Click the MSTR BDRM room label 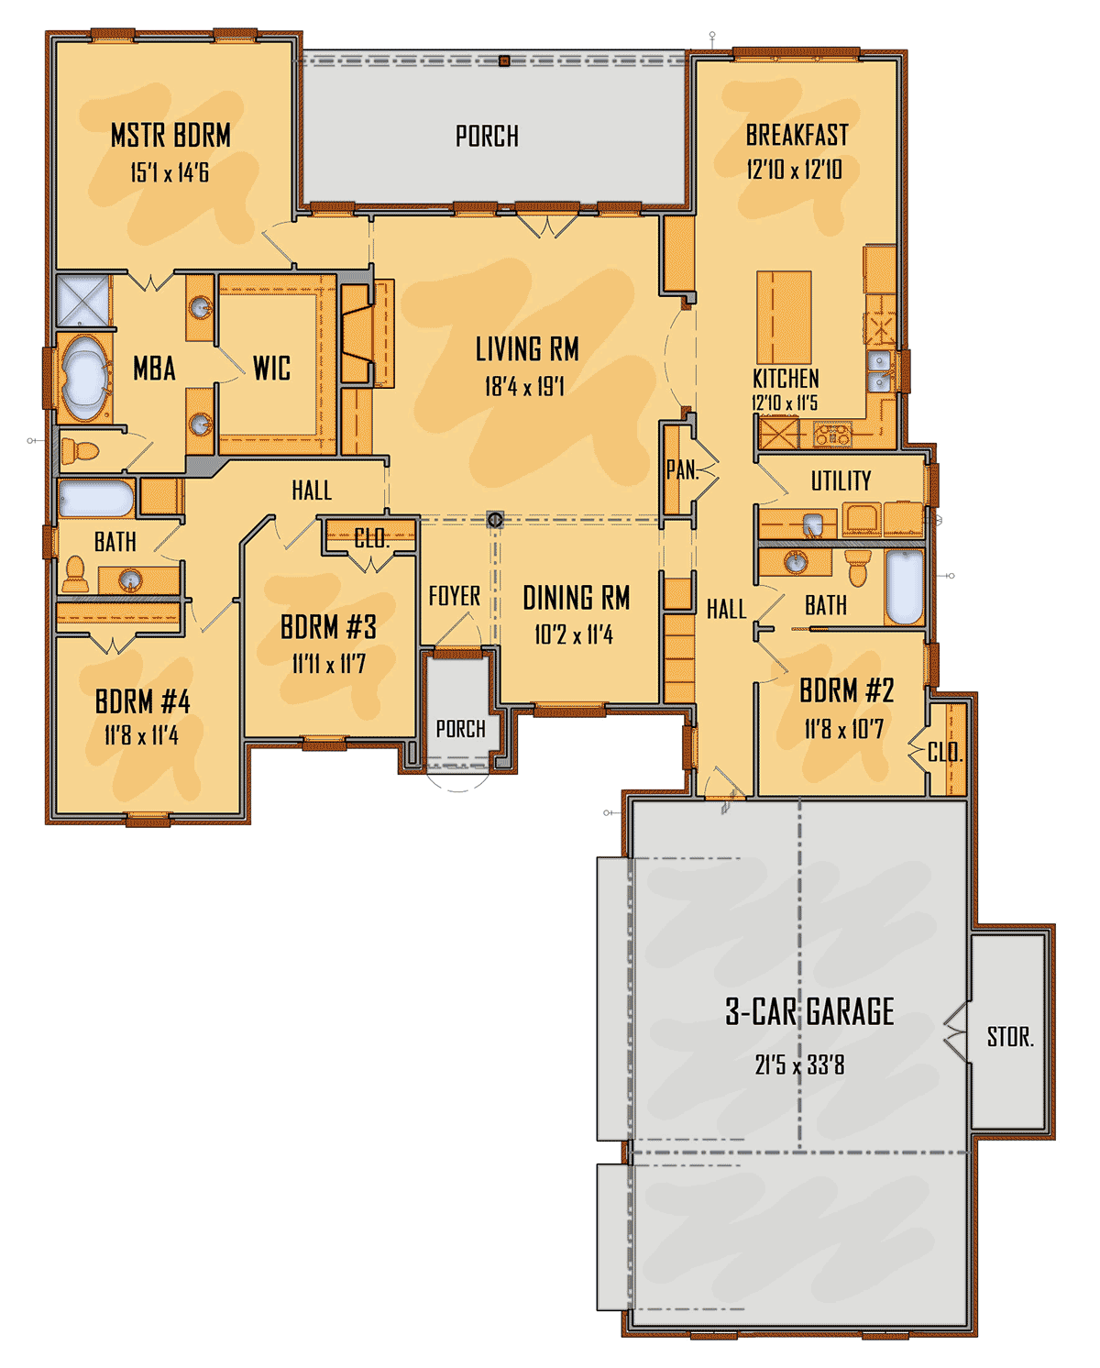170,136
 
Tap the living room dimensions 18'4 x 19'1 524,386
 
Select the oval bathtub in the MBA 84,378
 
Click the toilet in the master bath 80,451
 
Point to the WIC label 272,368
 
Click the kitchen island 784,317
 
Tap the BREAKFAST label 797,135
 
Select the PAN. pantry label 682,470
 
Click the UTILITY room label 841,480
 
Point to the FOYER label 455,596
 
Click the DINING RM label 577,598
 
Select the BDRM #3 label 328,627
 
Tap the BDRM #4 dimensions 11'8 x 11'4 141,735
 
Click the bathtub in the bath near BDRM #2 904,587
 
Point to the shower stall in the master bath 82,301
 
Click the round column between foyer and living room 495,519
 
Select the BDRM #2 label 846,690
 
